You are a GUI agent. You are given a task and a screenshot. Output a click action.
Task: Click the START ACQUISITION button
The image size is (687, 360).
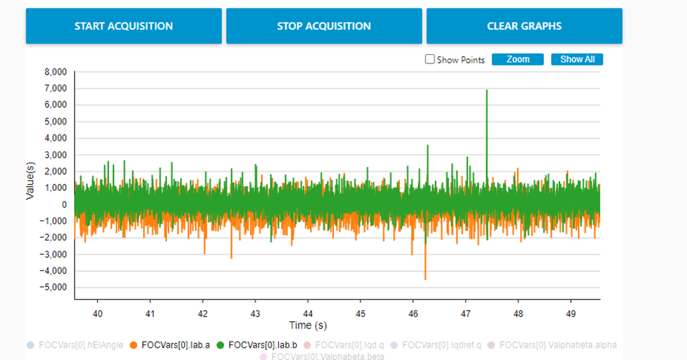(124, 26)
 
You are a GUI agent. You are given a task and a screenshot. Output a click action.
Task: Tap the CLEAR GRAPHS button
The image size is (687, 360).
(524, 26)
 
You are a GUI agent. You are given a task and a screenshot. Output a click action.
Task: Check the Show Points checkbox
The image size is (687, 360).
(430, 60)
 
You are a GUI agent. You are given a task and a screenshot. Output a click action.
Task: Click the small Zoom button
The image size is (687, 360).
(518, 59)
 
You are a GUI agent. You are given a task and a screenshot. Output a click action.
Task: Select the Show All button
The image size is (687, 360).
(577, 59)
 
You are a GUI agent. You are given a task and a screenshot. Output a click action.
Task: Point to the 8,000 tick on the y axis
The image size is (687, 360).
(55, 72)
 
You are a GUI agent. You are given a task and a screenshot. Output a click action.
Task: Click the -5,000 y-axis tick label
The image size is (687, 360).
(54, 287)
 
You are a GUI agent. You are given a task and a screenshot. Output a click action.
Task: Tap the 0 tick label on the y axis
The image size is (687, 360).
(64, 205)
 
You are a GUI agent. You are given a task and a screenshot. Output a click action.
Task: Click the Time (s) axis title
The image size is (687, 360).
(308, 325)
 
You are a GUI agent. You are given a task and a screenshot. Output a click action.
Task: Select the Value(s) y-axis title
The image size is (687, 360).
(30, 180)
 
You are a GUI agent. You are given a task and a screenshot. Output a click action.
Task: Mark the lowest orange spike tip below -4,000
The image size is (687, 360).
(425, 280)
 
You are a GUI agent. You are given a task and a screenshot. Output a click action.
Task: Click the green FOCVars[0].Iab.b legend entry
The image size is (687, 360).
(261, 345)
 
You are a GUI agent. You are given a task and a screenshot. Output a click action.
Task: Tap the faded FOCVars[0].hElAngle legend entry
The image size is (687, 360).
(80, 345)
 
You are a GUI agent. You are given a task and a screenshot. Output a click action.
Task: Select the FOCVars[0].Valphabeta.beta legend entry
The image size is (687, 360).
(323, 356)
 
